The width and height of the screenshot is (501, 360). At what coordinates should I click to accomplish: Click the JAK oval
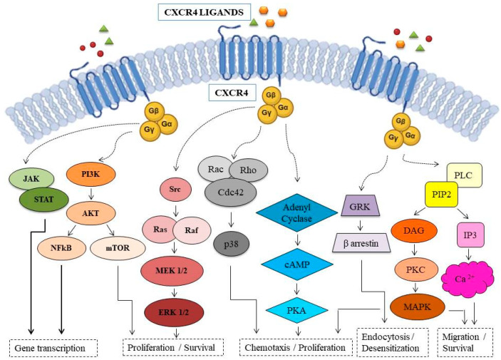pos(31,178)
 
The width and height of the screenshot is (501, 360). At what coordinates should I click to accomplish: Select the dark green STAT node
pos(43,200)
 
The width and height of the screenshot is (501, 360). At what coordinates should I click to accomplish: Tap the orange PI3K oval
pos(91,174)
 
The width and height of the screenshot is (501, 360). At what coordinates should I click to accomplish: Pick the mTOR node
pos(118,248)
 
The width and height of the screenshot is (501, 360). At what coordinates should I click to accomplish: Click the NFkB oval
pos(61,248)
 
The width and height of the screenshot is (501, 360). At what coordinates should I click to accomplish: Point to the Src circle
pos(175,190)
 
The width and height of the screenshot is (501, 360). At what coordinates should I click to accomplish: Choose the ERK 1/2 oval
pos(174,312)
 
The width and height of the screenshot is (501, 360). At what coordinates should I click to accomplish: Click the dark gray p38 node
pos(231,245)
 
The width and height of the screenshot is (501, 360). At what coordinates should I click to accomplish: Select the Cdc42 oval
pos(230,192)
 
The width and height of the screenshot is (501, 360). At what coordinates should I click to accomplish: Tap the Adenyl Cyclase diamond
pos(297,212)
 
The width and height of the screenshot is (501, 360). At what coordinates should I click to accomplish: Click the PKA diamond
pos(297,310)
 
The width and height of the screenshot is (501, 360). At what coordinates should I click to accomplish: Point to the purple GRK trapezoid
pos(360,206)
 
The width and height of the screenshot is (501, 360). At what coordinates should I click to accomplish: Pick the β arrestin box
pos(361,243)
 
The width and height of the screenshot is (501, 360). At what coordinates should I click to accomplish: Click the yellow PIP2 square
pos(441,194)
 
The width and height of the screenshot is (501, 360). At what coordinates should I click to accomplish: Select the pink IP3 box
pos(470,235)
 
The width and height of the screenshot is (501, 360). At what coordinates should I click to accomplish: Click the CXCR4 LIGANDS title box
pos(205,12)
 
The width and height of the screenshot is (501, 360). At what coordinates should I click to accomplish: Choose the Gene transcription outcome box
pos(53,348)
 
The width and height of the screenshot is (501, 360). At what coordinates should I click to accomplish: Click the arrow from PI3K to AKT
pos(91,195)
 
